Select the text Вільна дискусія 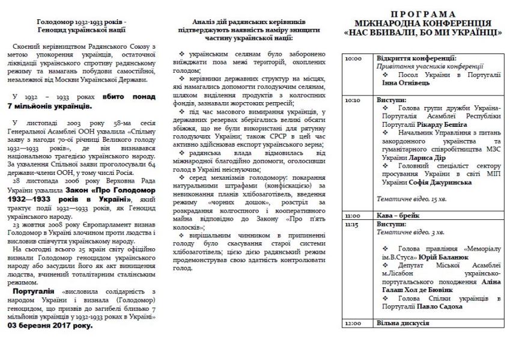coord(403,323)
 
